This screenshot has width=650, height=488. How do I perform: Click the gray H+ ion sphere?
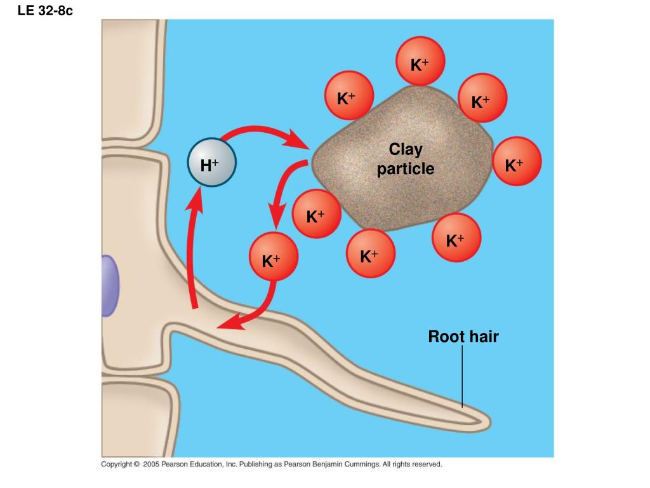coord(212,162)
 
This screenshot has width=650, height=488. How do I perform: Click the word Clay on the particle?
coord(406,149)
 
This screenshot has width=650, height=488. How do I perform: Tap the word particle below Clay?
coord(406,169)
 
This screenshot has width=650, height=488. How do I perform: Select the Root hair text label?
coord(463,336)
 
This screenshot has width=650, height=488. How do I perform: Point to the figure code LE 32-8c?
coord(45,10)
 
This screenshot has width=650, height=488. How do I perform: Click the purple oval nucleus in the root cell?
coord(110,286)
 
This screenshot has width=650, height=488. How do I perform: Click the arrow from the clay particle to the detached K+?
coord(282,187)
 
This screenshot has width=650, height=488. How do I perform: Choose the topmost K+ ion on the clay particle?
coord(420,61)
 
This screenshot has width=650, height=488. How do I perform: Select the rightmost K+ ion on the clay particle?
coord(517,161)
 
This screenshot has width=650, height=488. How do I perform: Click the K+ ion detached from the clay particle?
coord(274,257)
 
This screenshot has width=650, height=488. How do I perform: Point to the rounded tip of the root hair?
coord(488,423)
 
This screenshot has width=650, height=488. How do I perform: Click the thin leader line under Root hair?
coord(462,376)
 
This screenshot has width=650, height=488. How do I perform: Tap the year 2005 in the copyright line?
coord(151,464)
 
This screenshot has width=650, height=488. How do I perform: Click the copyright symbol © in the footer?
coord(136,464)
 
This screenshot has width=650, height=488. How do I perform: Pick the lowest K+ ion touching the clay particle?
coord(371,253)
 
